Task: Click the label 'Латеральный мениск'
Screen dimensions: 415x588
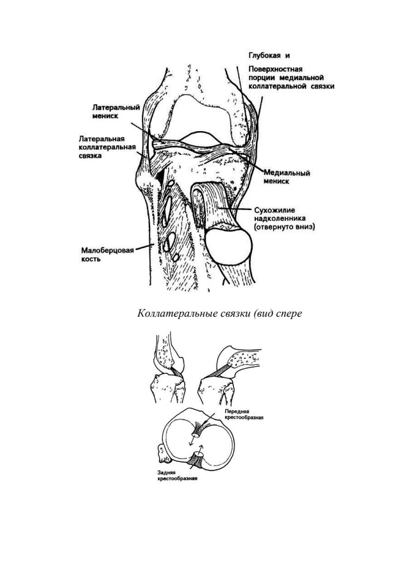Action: click(116, 111)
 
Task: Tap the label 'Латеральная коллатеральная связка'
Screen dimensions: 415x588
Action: click(107, 146)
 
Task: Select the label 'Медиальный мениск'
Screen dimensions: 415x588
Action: click(287, 177)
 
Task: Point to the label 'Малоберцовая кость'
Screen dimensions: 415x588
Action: click(108, 255)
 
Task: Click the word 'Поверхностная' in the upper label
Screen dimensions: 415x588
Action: click(275, 69)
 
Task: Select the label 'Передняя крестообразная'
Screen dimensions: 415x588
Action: click(244, 415)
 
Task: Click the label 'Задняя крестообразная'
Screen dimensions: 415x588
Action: click(178, 475)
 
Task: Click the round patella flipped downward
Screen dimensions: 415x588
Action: click(229, 246)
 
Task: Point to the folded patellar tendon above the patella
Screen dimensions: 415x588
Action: click(211, 203)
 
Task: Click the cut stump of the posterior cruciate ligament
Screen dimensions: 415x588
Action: click(196, 459)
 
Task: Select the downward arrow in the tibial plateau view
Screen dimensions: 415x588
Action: click(191, 442)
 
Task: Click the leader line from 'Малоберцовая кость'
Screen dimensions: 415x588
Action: click(144, 247)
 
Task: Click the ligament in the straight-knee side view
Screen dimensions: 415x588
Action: click(176, 374)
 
